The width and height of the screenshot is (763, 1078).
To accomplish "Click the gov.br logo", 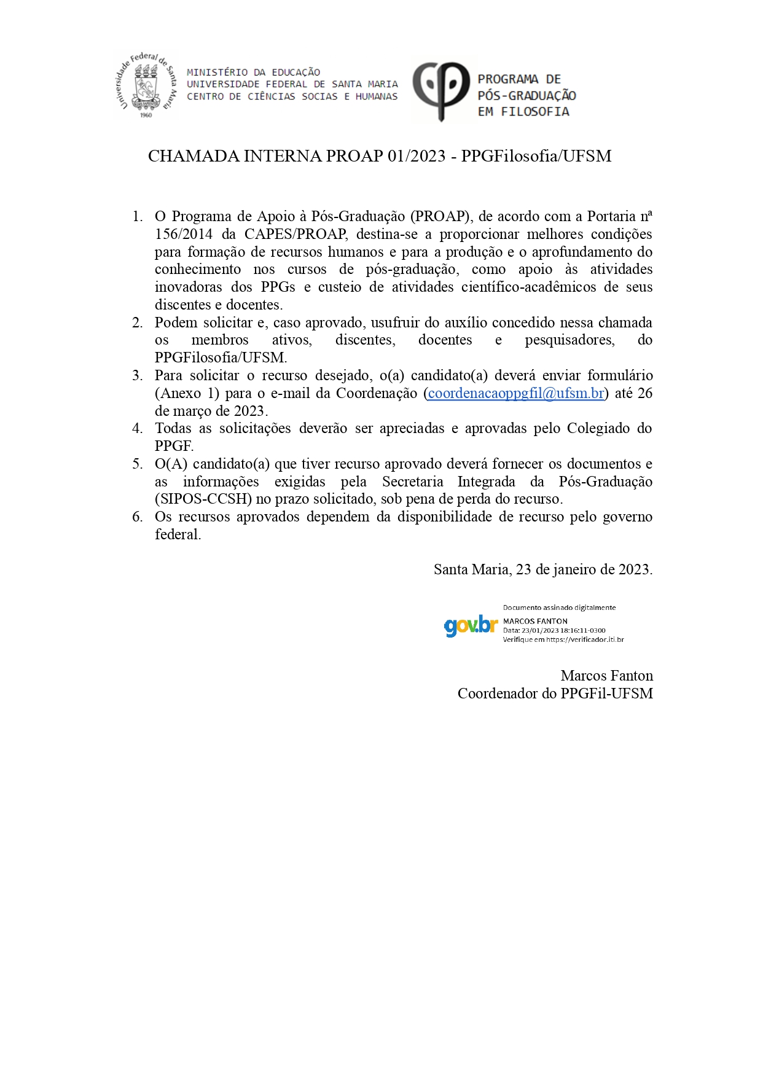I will click(x=471, y=625).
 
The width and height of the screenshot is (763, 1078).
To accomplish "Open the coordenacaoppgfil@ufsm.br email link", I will click(x=516, y=393).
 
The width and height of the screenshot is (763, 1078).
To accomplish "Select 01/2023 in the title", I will click(x=416, y=156).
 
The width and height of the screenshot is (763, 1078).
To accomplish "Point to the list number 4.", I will click(x=138, y=428).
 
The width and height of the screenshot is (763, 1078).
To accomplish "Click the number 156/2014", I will click(x=184, y=234).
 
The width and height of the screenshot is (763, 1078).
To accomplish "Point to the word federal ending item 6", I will click(x=178, y=534).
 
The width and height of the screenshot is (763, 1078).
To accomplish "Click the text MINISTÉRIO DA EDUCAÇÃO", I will click(x=253, y=72).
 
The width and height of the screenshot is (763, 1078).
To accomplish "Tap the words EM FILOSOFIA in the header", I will click(x=523, y=112).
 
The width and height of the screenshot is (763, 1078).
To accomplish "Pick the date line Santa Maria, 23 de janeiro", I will click(x=542, y=569).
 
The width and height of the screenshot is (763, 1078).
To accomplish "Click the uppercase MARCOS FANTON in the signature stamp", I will click(x=535, y=621).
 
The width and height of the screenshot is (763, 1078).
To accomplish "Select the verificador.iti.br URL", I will click(x=585, y=639).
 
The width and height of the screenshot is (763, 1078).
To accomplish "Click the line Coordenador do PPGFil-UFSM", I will click(x=555, y=693).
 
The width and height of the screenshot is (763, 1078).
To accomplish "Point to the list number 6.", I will click(x=138, y=517).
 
